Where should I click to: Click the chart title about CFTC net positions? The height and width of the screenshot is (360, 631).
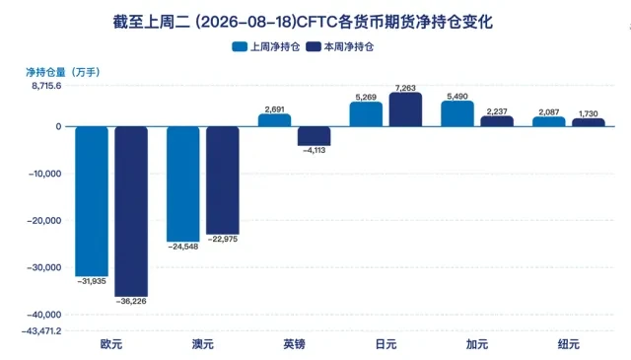(x=303, y=22)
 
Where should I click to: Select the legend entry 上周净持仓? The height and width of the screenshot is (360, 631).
(x=266, y=46)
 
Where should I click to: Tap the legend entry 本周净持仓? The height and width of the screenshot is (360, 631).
(x=339, y=46)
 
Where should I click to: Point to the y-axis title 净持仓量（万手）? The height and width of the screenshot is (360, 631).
(x=63, y=72)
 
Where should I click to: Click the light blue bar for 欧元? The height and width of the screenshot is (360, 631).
(x=92, y=201)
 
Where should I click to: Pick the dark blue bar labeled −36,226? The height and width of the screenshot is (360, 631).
(x=131, y=211)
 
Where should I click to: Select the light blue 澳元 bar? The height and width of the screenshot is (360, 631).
(x=183, y=184)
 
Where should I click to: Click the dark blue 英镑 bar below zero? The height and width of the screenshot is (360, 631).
(x=314, y=136)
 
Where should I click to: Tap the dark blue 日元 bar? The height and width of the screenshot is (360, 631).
(x=405, y=109)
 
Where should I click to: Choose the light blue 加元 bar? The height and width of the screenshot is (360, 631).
(x=457, y=113)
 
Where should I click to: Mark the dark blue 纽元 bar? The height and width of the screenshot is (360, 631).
(x=589, y=122)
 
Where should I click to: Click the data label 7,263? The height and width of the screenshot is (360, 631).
(x=405, y=88)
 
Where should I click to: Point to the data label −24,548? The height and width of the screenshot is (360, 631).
(x=183, y=247)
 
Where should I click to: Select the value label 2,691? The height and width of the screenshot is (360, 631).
(x=274, y=109)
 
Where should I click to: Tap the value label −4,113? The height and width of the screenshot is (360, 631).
(x=314, y=150)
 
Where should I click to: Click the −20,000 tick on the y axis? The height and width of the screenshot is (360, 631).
(x=44, y=221)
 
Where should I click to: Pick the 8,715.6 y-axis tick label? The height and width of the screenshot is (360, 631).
(x=46, y=86)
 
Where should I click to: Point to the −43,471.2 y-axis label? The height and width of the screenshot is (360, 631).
(x=41, y=331)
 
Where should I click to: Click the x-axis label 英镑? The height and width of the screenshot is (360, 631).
(x=294, y=344)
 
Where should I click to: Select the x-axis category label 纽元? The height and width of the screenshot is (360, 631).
(x=569, y=344)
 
